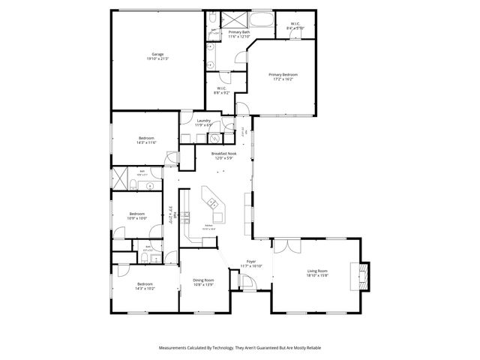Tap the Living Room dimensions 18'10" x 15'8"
318,275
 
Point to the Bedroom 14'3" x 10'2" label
146,286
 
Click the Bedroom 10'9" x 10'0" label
136,215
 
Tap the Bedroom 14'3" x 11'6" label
146,140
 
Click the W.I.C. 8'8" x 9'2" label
222,91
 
